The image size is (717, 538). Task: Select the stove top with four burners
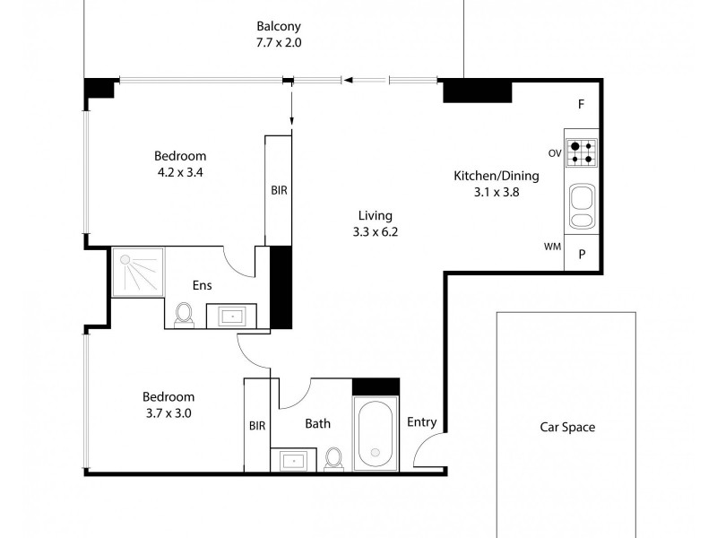click(582, 152)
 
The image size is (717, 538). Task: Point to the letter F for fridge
click(581, 105)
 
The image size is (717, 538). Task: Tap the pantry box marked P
click(582, 254)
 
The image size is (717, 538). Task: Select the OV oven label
click(555, 153)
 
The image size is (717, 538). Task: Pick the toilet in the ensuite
click(185, 315)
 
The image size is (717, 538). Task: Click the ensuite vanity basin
click(232, 317)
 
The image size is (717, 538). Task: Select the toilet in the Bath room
click(334, 458)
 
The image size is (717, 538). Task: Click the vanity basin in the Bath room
click(293, 460)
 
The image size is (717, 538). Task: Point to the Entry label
click(421, 422)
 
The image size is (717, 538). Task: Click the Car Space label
click(566, 428)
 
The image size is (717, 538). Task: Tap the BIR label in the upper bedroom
click(279, 190)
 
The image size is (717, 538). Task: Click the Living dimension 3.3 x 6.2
click(376, 231)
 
